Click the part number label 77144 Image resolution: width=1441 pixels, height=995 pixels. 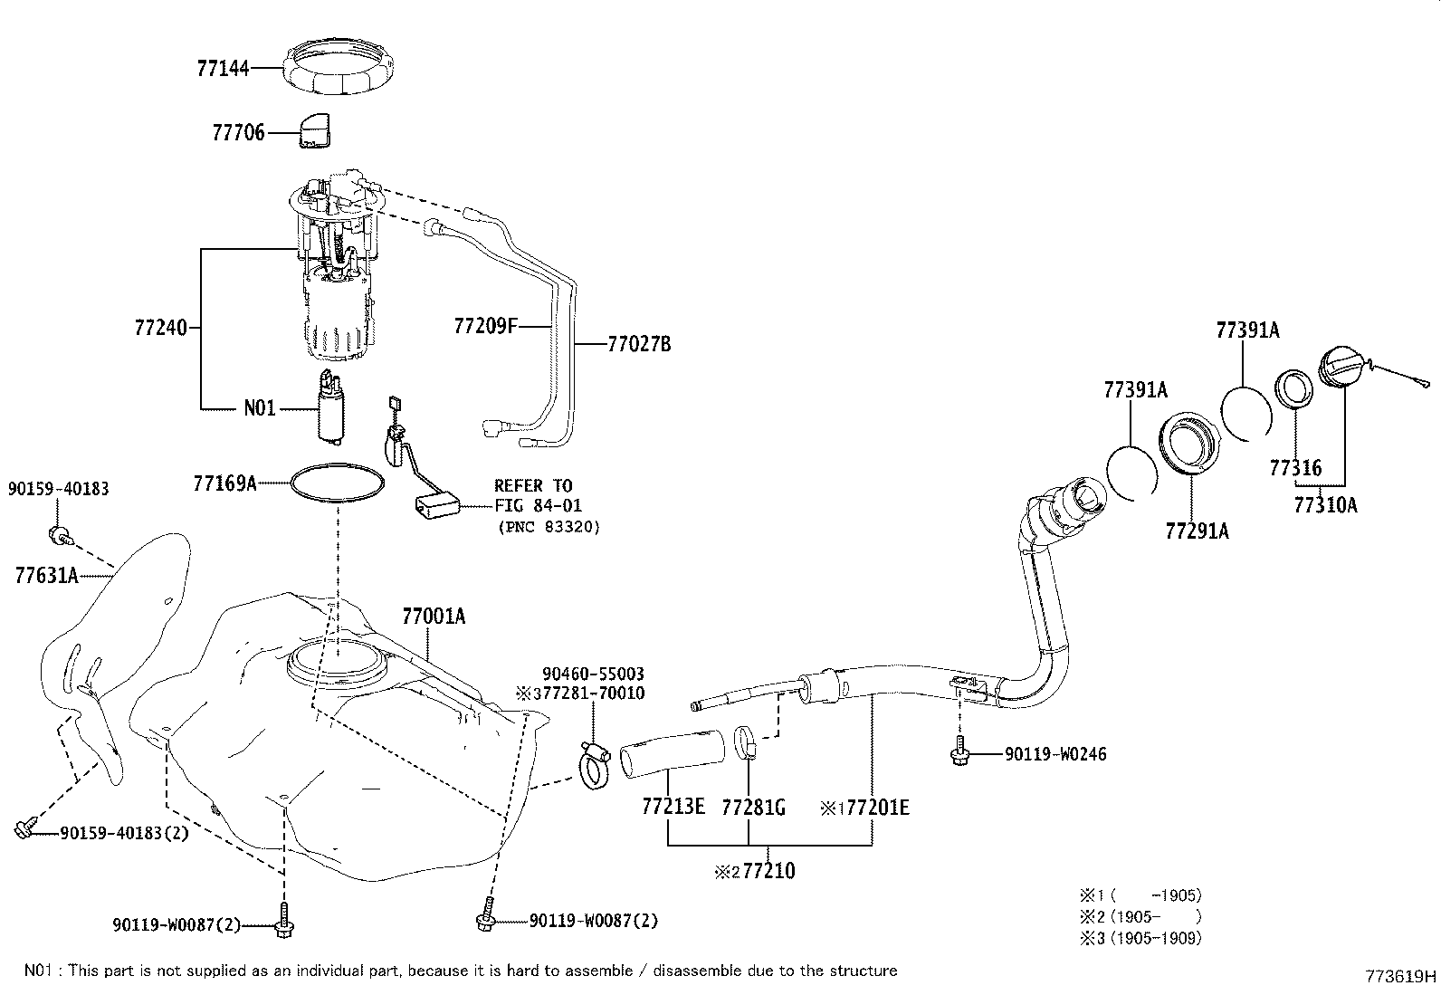pos(223,67)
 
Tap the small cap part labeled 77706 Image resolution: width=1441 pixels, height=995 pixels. pos(313,129)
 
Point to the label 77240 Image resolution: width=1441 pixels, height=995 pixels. pos(160,328)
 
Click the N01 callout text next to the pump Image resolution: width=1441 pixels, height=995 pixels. pos(259,408)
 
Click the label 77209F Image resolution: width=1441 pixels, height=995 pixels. pos(485,325)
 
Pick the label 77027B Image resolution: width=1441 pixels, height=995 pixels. pos(639,344)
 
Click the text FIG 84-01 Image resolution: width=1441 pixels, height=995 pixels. pos(538,506)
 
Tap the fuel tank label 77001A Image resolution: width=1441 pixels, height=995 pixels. pos(434,617)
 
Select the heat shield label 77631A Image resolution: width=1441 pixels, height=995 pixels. pos(46,574)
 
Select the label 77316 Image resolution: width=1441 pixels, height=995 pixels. pos(1295,468)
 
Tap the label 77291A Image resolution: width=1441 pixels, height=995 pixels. pos(1197,531)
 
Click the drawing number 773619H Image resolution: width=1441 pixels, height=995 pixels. pos(1401,976)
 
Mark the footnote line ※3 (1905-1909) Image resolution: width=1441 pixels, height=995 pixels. pos(1140,938)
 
